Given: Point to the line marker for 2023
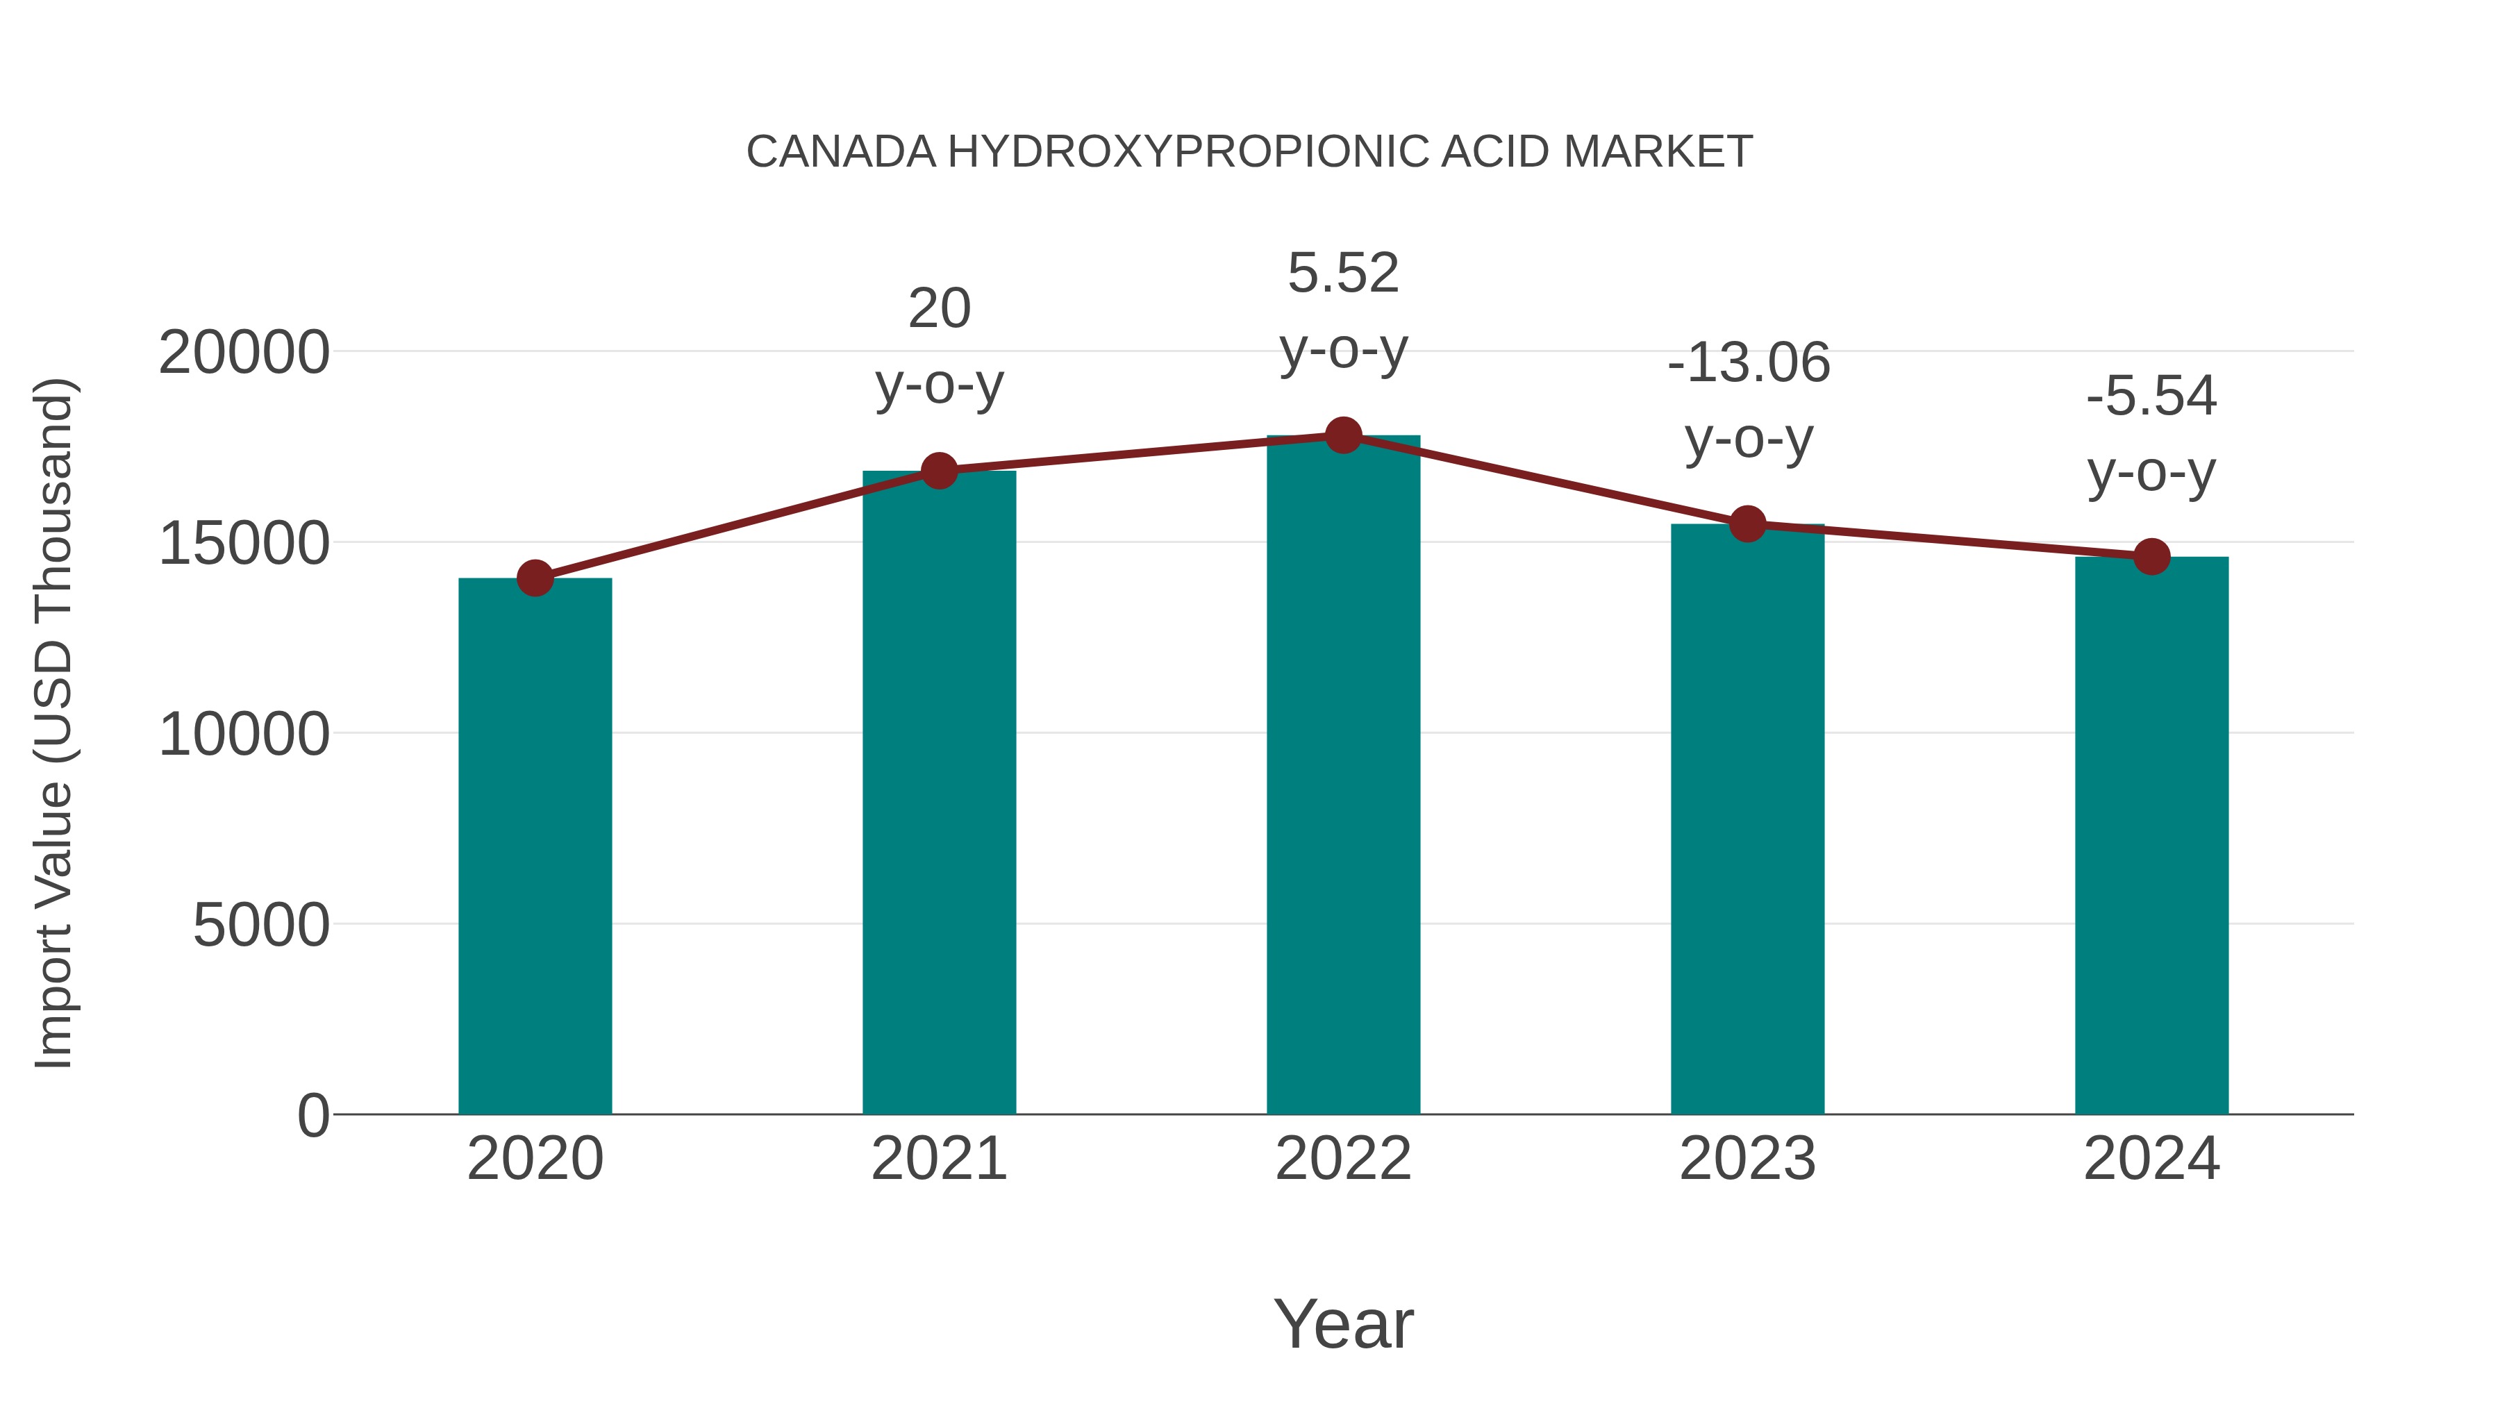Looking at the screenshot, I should click(1748, 524).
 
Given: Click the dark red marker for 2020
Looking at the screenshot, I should click(535, 578).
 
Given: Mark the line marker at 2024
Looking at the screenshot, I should click(2151, 557).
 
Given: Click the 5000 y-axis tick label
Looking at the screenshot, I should click(261, 925).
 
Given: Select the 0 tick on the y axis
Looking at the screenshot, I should click(313, 1115).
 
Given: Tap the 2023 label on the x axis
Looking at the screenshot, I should click(1748, 1159).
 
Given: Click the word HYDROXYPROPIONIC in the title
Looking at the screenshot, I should click(1188, 152).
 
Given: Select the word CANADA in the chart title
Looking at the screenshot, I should click(840, 152).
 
